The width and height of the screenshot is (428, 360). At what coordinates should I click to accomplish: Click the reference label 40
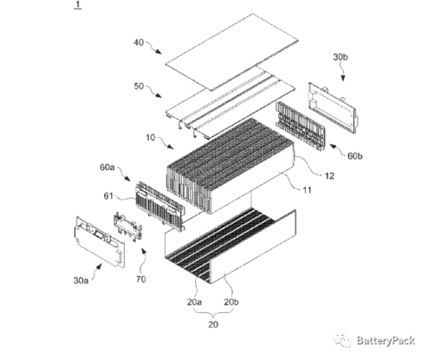[x=138, y=43]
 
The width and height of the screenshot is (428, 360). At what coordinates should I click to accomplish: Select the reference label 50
[x=139, y=86]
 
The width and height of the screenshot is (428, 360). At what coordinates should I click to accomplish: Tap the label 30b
[x=341, y=57]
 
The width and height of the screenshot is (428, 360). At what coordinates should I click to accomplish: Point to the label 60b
[x=355, y=156]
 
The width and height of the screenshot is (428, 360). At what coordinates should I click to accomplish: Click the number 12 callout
[x=329, y=176]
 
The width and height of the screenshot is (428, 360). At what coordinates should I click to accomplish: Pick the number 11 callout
[x=307, y=190]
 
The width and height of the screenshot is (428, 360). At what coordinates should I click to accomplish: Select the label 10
[x=151, y=138]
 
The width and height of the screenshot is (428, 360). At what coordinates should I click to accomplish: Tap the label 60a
[x=107, y=168]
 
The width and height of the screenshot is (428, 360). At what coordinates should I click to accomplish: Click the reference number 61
[x=109, y=196]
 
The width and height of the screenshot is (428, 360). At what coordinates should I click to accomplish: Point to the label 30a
[x=81, y=280]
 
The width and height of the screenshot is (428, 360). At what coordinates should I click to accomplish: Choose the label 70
[x=141, y=279]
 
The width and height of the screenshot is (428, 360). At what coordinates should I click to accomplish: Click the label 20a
[x=194, y=302]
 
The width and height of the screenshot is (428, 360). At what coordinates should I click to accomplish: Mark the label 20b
[x=231, y=302]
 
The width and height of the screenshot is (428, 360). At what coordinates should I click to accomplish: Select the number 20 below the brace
[x=213, y=324]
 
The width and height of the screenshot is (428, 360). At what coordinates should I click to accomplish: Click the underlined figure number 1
[x=78, y=4]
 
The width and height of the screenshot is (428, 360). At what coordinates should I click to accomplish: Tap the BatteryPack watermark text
[x=385, y=340]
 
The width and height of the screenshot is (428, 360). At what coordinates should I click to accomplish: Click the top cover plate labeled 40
[x=232, y=51]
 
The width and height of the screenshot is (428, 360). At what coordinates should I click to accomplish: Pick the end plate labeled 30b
[x=333, y=108]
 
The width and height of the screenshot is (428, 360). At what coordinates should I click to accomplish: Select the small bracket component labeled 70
[x=128, y=226]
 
